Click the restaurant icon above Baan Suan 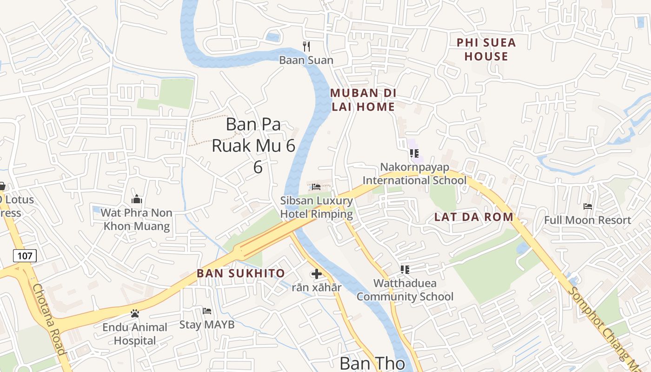click(x=306, y=46)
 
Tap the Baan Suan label click(x=306, y=60)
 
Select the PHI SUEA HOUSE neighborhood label click(x=486, y=50)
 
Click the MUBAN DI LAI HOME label click(x=363, y=100)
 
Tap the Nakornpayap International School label click(x=414, y=173)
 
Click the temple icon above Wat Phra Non click(x=137, y=199)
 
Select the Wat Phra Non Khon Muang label click(x=137, y=219)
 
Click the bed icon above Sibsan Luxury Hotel click(x=316, y=187)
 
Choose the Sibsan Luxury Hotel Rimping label click(x=316, y=207)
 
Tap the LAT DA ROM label click(x=474, y=217)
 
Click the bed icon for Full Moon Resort click(x=588, y=206)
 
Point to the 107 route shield click(x=25, y=255)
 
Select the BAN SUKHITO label click(x=241, y=273)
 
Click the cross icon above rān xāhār click(x=317, y=274)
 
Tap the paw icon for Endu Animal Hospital click(x=135, y=313)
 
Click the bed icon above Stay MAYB click(x=207, y=311)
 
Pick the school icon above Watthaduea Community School click(x=405, y=269)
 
